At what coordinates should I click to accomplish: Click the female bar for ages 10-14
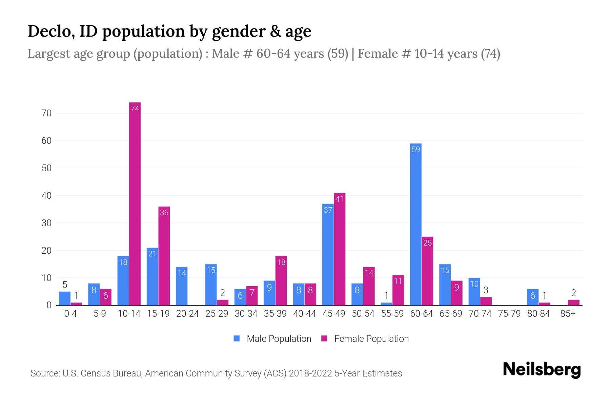pyautogui.click(x=135, y=203)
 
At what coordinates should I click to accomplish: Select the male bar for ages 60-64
pyautogui.click(x=416, y=224)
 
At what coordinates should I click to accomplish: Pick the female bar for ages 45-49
pyautogui.click(x=340, y=249)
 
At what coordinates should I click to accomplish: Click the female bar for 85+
pyautogui.click(x=574, y=302)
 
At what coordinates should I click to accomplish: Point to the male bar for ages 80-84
pyautogui.click(x=533, y=297)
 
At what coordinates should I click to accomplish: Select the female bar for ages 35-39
pyautogui.click(x=281, y=280)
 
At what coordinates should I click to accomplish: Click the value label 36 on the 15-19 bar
pyautogui.click(x=164, y=213)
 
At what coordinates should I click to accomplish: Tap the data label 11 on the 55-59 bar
pyautogui.click(x=398, y=281)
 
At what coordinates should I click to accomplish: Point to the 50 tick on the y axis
pyautogui.click(x=46, y=168)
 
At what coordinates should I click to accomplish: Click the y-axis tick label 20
pyautogui.click(x=46, y=251)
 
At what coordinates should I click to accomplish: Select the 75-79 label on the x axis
pyautogui.click(x=509, y=314)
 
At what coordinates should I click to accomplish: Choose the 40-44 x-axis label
pyautogui.click(x=304, y=314)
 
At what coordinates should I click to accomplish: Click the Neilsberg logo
pyautogui.click(x=542, y=370)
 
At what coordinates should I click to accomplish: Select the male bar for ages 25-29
pyautogui.click(x=211, y=285)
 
